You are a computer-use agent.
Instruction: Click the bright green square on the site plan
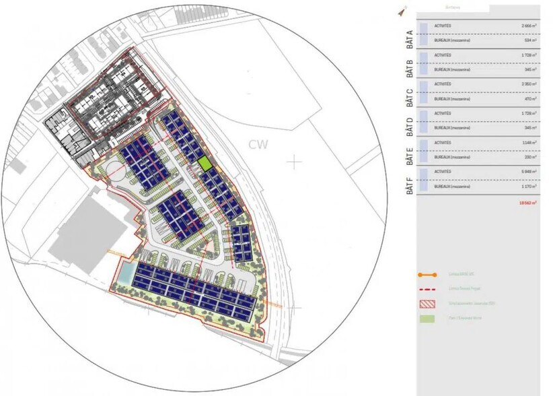point(205,164)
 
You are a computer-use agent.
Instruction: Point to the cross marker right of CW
point(294,162)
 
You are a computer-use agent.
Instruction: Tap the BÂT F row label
point(408,183)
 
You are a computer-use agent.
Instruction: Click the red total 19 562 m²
point(528,202)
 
